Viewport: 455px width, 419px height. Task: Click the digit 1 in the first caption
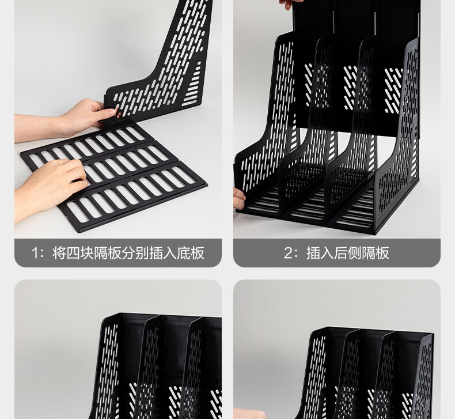pos(35,253)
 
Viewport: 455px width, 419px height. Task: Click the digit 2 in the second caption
pos(289,253)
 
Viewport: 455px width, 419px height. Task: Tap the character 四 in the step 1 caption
pos(73,253)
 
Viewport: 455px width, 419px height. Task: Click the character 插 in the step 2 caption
pos(313,253)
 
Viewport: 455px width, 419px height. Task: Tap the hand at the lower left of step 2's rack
pos(239,198)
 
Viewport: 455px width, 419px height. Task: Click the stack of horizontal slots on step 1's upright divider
pos(193,84)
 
